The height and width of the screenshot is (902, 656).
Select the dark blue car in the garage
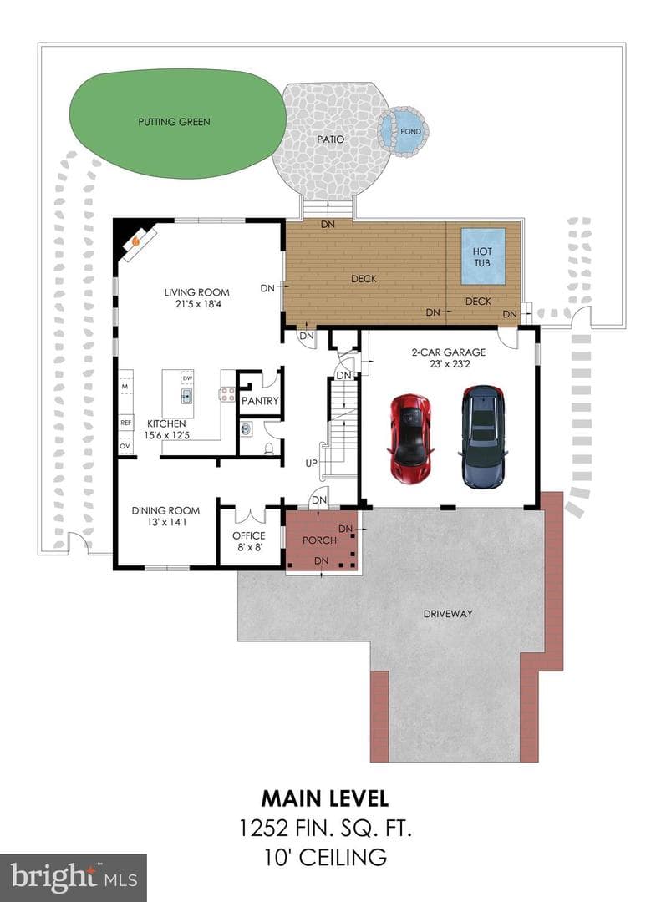pos(483,437)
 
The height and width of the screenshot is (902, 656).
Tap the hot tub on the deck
pos(483,256)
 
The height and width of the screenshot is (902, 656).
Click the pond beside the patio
pos(404,132)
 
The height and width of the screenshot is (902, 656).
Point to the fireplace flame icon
pos(136,241)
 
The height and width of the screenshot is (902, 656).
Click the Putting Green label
pos(175,122)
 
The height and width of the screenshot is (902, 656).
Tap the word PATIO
pos(331,139)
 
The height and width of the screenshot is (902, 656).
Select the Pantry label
pos(260,401)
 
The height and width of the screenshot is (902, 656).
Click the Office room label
pos(249,535)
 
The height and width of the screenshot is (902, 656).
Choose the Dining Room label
pos(165,510)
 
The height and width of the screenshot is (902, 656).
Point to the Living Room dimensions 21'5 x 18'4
pos(198,304)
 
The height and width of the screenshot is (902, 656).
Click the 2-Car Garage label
pos(449,352)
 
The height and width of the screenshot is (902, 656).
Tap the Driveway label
pos(448,614)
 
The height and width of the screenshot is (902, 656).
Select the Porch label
pos(319,540)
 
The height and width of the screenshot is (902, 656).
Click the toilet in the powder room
pos(269,448)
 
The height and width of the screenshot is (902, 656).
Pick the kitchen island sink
pos(186,395)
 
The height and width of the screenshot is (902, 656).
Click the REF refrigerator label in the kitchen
pos(126,423)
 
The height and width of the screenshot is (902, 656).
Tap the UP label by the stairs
pos(312,463)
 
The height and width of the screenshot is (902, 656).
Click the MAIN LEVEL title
pos(325,798)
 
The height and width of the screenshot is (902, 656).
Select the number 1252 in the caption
pos(263,829)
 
